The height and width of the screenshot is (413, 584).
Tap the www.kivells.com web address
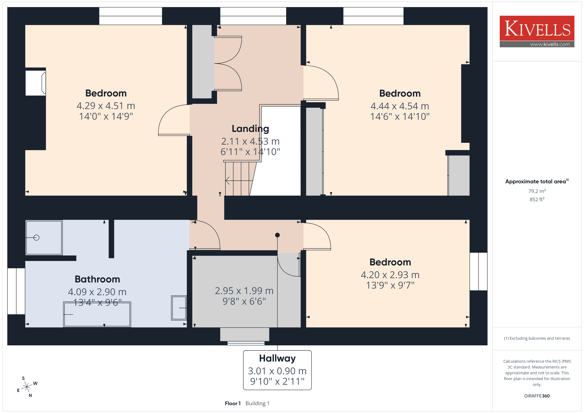point(550,44)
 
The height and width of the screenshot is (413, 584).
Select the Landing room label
point(250,129)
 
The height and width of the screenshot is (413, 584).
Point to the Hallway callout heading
point(277,358)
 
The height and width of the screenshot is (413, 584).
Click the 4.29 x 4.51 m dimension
point(106,106)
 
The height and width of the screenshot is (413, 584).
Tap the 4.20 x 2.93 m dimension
point(390,275)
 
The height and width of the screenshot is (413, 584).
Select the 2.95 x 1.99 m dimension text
point(244,291)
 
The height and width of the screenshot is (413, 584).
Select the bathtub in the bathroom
point(97,314)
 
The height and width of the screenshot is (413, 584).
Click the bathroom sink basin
point(179,308)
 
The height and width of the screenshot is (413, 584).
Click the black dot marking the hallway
point(277,235)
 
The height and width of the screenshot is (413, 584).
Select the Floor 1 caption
point(232,403)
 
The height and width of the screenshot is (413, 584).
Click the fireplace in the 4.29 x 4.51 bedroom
point(36,83)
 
